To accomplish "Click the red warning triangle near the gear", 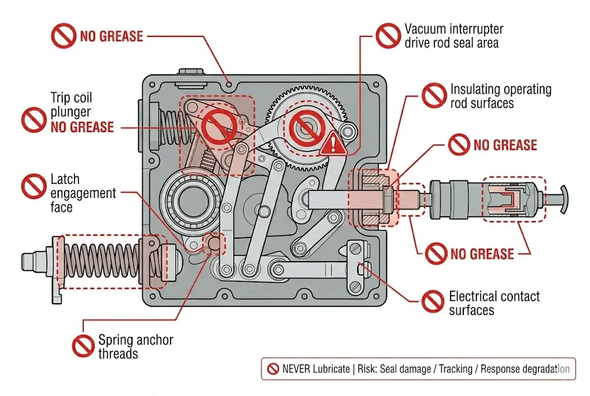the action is [332, 142].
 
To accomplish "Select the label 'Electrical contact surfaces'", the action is [494, 303].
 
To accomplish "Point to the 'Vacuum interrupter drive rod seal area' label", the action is [453, 36].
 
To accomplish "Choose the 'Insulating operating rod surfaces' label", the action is [500, 96].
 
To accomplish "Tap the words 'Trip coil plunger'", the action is [71, 105].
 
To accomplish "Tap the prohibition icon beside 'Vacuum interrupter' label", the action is [388, 35].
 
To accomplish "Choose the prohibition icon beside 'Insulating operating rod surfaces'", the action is [433, 95].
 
